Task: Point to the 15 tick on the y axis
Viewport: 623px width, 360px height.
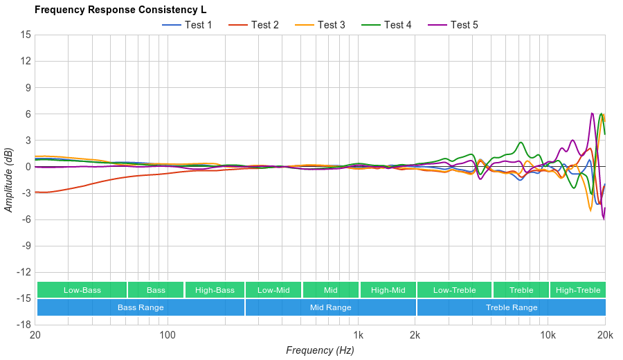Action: [x=26, y=35]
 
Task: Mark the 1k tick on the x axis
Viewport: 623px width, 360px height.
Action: [x=358, y=335]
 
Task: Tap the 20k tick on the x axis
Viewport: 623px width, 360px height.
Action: [x=605, y=335]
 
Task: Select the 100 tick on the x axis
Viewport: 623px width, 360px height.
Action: [x=168, y=335]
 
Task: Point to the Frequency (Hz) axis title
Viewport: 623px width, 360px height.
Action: [x=320, y=350]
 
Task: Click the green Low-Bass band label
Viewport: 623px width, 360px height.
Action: [x=82, y=290]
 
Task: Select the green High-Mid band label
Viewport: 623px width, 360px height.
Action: [x=388, y=290]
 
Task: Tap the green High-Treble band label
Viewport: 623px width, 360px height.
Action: [x=578, y=290]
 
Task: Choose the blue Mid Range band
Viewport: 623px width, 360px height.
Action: [x=330, y=307]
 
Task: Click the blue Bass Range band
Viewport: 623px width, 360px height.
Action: [x=141, y=307]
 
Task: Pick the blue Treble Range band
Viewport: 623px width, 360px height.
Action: [x=512, y=307]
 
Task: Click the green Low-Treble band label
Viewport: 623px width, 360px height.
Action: [x=454, y=290]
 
